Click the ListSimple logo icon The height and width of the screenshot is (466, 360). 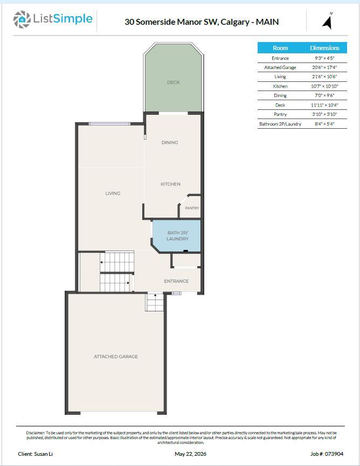coord(22,19)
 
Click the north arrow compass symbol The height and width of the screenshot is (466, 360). coord(327,21)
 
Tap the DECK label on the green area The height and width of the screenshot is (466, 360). coord(174,82)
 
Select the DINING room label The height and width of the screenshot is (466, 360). coord(170,143)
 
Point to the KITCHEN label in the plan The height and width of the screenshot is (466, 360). coord(170,184)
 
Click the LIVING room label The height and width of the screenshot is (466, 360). coord(113,193)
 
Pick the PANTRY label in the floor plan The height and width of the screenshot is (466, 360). coord(192,208)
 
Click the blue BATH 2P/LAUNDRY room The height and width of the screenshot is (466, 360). coord(177,236)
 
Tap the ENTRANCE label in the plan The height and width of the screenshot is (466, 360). coord(176,281)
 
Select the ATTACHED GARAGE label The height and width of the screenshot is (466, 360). coord(116,357)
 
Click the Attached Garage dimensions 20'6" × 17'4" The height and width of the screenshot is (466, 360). coord(324,67)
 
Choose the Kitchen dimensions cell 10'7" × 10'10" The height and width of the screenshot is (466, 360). coord(324,86)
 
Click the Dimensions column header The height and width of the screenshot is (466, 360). coord(324,48)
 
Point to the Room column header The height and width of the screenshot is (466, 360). coord(280,48)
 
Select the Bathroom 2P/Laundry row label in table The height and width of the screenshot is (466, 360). coord(280,124)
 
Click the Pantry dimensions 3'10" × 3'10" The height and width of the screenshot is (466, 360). coord(324,114)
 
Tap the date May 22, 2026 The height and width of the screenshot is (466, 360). coord(190,454)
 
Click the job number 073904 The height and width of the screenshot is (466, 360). coord(334,454)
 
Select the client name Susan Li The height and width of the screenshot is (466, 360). coord(43,454)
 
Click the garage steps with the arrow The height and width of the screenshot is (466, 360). coord(155,302)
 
